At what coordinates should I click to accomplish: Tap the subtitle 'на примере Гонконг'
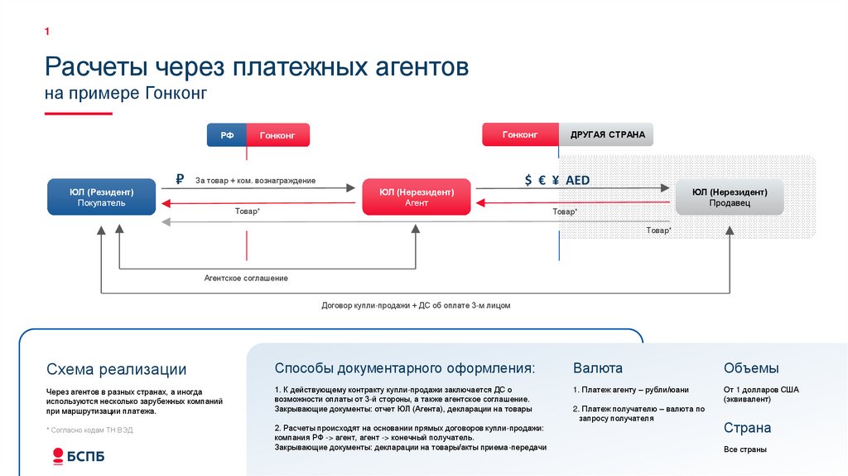(125, 94)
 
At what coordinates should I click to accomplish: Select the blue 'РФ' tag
(226, 135)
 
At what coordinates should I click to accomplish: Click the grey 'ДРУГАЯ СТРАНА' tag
(607, 135)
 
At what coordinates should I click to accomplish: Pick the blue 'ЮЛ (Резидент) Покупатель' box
(102, 197)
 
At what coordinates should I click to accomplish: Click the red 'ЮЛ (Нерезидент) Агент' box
(417, 197)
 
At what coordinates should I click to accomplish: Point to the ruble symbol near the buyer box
(179, 179)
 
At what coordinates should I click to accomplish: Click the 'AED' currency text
(577, 179)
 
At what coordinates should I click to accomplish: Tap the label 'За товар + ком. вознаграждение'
(255, 180)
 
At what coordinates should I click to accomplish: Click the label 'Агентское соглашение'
(246, 278)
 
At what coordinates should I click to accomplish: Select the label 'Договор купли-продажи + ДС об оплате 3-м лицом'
(416, 305)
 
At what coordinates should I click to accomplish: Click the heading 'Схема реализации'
(116, 370)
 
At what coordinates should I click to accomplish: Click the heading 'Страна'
(747, 428)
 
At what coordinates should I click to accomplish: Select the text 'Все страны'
(744, 449)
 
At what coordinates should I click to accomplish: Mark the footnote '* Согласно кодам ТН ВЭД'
(89, 430)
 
